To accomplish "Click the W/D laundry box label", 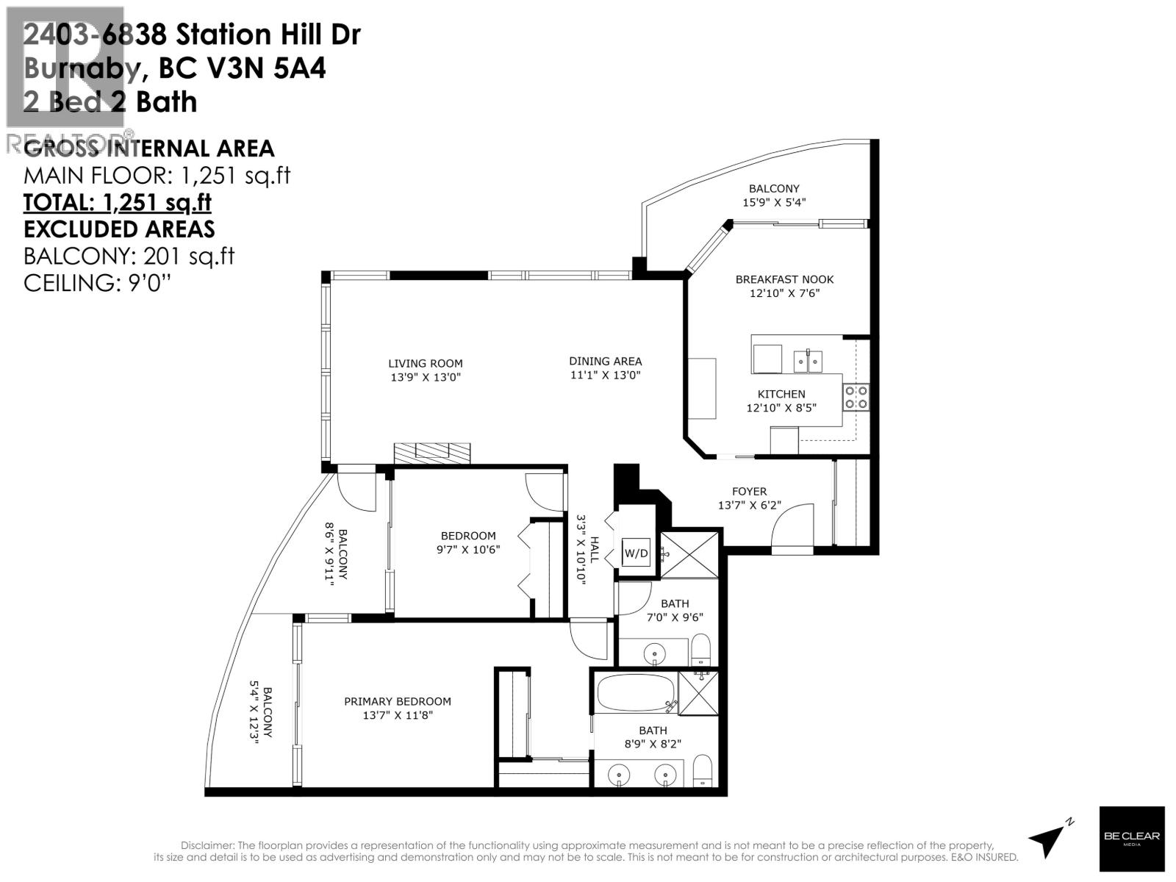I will click(x=636, y=553).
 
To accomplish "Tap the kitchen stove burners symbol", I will click(x=856, y=398).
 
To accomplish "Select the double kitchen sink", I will click(x=808, y=361).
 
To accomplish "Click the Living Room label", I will click(x=426, y=363).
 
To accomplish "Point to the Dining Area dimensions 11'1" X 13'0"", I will click(x=605, y=375).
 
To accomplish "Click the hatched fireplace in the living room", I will click(x=431, y=453).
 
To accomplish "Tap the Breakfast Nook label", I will click(x=784, y=279).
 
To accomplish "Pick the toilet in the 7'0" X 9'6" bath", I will click(x=700, y=648).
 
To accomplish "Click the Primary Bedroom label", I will click(x=398, y=701).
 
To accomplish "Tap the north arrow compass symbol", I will click(x=1050, y=838).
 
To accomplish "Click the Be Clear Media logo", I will click(x=1131, y=839).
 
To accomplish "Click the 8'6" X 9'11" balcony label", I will click(x=337, y=551).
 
